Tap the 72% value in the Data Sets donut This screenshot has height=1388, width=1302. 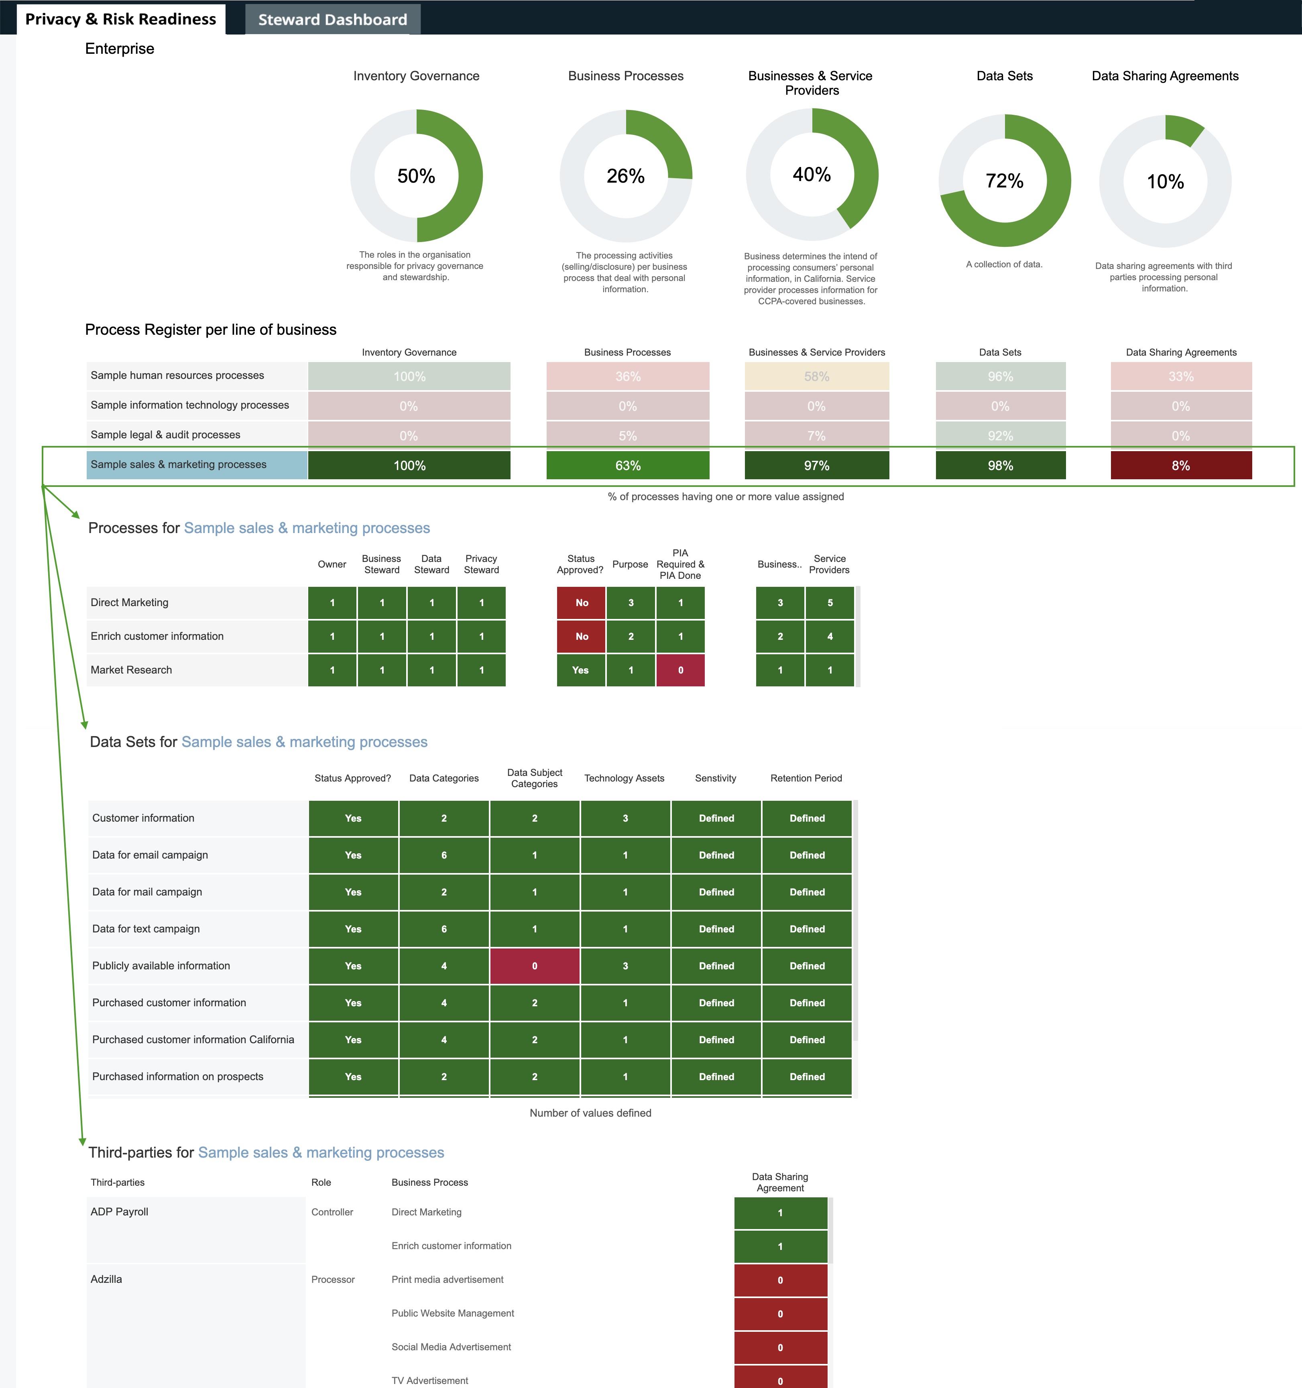1004,181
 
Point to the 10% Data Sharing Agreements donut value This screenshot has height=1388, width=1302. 1165,181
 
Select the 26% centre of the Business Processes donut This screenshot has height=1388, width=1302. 626,176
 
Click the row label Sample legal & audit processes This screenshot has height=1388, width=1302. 165,434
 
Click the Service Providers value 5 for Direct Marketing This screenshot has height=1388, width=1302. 829,602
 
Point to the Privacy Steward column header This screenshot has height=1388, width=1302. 481,564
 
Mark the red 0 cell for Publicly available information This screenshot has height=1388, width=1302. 534,966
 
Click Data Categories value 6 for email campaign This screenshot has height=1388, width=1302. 443,855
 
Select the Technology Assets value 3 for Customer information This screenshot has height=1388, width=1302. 625,818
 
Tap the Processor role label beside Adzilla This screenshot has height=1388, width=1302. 333,1280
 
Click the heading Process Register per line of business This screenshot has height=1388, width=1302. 210,330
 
